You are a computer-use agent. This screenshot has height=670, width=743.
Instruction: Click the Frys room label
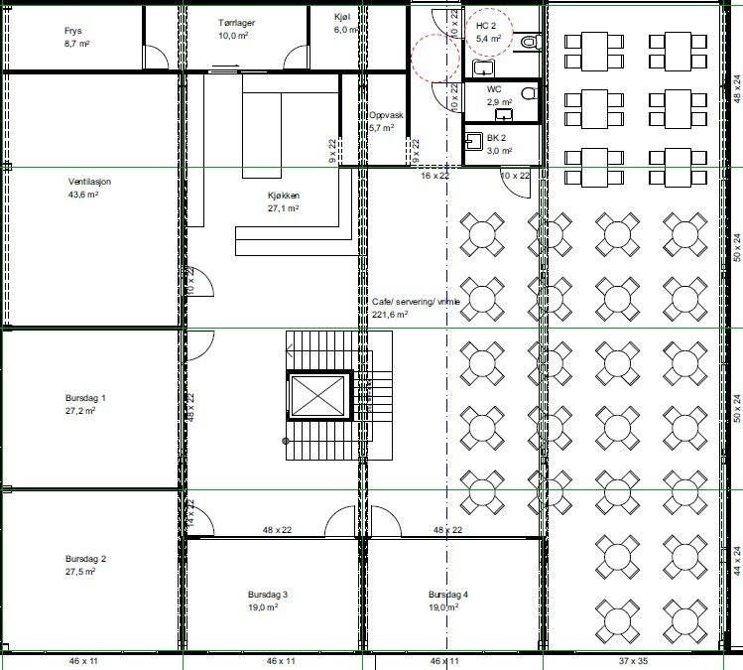[x=71, y=31]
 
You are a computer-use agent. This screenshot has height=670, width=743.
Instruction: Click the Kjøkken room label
[x=284, y=196]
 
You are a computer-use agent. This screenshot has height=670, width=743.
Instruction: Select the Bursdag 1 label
[x=86, y=397]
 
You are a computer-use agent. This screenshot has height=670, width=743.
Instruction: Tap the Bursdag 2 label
[x=86, y=559]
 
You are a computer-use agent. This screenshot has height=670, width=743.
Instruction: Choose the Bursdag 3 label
[x=268, y=595]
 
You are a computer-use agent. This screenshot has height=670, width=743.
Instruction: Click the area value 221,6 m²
[x=390, y=315]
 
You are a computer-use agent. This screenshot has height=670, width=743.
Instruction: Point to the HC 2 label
[x=486, y=25]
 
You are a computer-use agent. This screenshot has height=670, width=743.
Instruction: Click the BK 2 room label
[x=497, y=138]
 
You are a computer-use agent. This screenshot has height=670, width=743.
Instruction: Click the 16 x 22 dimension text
[x=434, y=175]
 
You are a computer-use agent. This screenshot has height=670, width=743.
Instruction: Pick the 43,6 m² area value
[x=83, y=195]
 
